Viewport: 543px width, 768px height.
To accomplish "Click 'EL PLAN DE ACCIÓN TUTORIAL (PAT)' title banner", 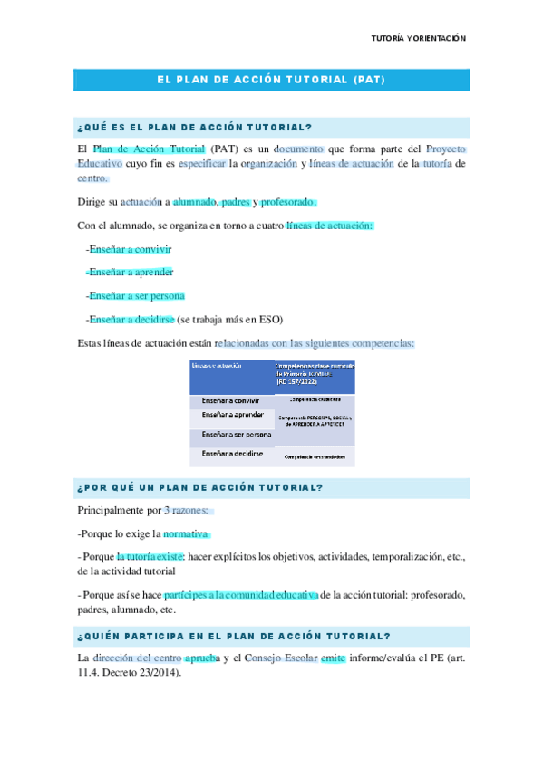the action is [271, 80].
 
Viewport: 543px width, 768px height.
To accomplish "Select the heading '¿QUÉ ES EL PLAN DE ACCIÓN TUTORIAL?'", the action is [195, 127].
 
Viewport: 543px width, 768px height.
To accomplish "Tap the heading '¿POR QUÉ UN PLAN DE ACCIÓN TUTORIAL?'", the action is [200, 487].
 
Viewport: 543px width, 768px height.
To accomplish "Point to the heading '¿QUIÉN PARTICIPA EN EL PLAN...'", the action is [235, 636].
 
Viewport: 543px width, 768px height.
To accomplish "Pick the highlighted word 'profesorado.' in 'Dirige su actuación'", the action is [288, 202].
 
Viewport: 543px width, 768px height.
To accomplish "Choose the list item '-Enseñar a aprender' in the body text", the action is [129, 272].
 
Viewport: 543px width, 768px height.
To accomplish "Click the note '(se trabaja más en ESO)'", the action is [230, 319].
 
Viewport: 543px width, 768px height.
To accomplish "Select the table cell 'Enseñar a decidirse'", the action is [232, 453].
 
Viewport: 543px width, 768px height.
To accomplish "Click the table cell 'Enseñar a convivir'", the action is [231, 399].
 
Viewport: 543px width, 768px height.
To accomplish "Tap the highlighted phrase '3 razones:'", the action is [186, 510].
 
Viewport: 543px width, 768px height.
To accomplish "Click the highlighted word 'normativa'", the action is [185, 533].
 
